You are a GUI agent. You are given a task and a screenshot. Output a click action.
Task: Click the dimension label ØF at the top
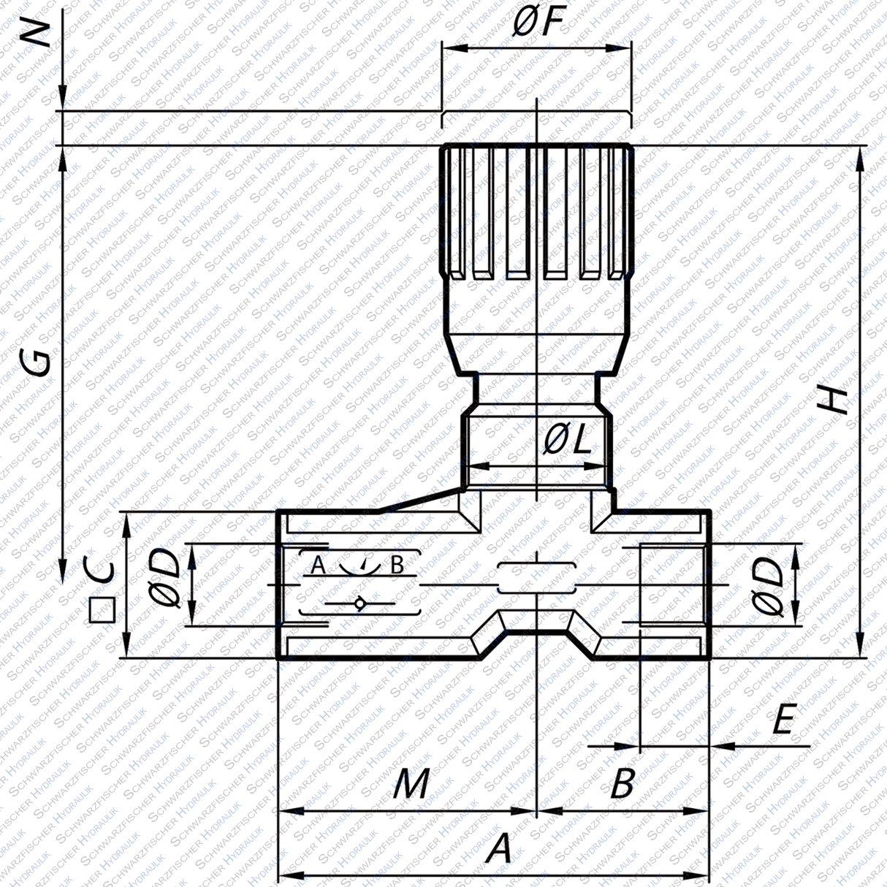click(x=537, y=23)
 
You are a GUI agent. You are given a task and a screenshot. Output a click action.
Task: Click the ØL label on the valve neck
click(x=568, y=439)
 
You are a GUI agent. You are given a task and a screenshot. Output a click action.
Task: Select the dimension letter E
click(x=783, y=721)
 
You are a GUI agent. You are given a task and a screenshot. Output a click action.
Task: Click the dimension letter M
click(x=411, y=785)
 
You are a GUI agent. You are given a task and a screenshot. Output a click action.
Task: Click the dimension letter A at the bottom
click(x=498, y=850)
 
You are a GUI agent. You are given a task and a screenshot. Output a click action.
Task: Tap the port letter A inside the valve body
click(x=317, y=565)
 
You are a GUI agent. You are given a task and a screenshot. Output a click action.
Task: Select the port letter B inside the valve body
click(x=397, y=565)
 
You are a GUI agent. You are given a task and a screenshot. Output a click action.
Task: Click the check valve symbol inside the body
click(x=359, y=604)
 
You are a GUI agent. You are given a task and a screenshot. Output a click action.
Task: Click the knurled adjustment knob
click(x=537, y=212)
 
